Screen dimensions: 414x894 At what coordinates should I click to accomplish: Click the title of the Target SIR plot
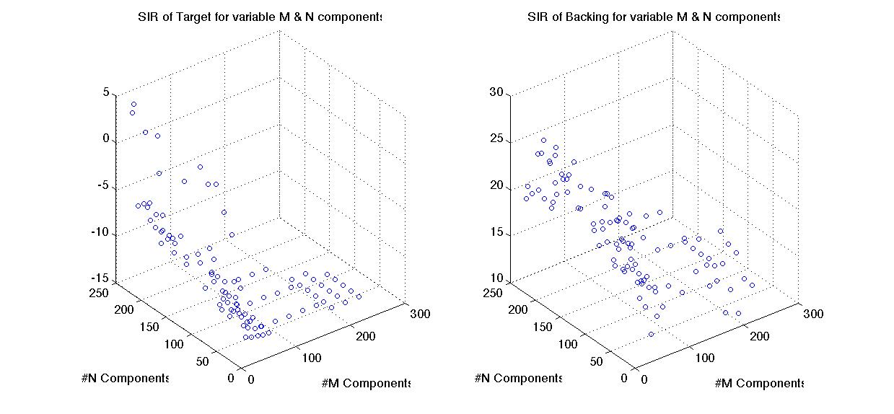click(x=259, y=17)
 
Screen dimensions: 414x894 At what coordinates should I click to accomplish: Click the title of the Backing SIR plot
click(x=654, y=17)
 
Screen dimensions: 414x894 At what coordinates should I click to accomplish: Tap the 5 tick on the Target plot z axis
click(x=105, y=93)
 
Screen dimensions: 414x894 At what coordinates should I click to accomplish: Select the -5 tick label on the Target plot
click(x=103, y=186)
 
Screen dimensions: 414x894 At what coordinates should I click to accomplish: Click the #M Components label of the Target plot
click(x=366, y=384)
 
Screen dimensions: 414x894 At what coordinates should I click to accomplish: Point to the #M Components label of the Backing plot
click(x=759, y=384)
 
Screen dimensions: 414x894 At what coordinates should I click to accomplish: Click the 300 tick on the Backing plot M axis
click(x=813, y=314)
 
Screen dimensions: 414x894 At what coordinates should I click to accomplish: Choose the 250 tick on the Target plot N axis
click(x=98, y=292)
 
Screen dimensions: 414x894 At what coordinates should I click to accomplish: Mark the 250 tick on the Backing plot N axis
click(x=491, y=292)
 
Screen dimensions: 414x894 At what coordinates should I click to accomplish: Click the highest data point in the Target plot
click(x=133, y=105)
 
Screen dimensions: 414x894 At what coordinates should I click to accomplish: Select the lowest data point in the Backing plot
click(x=651, y=334)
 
